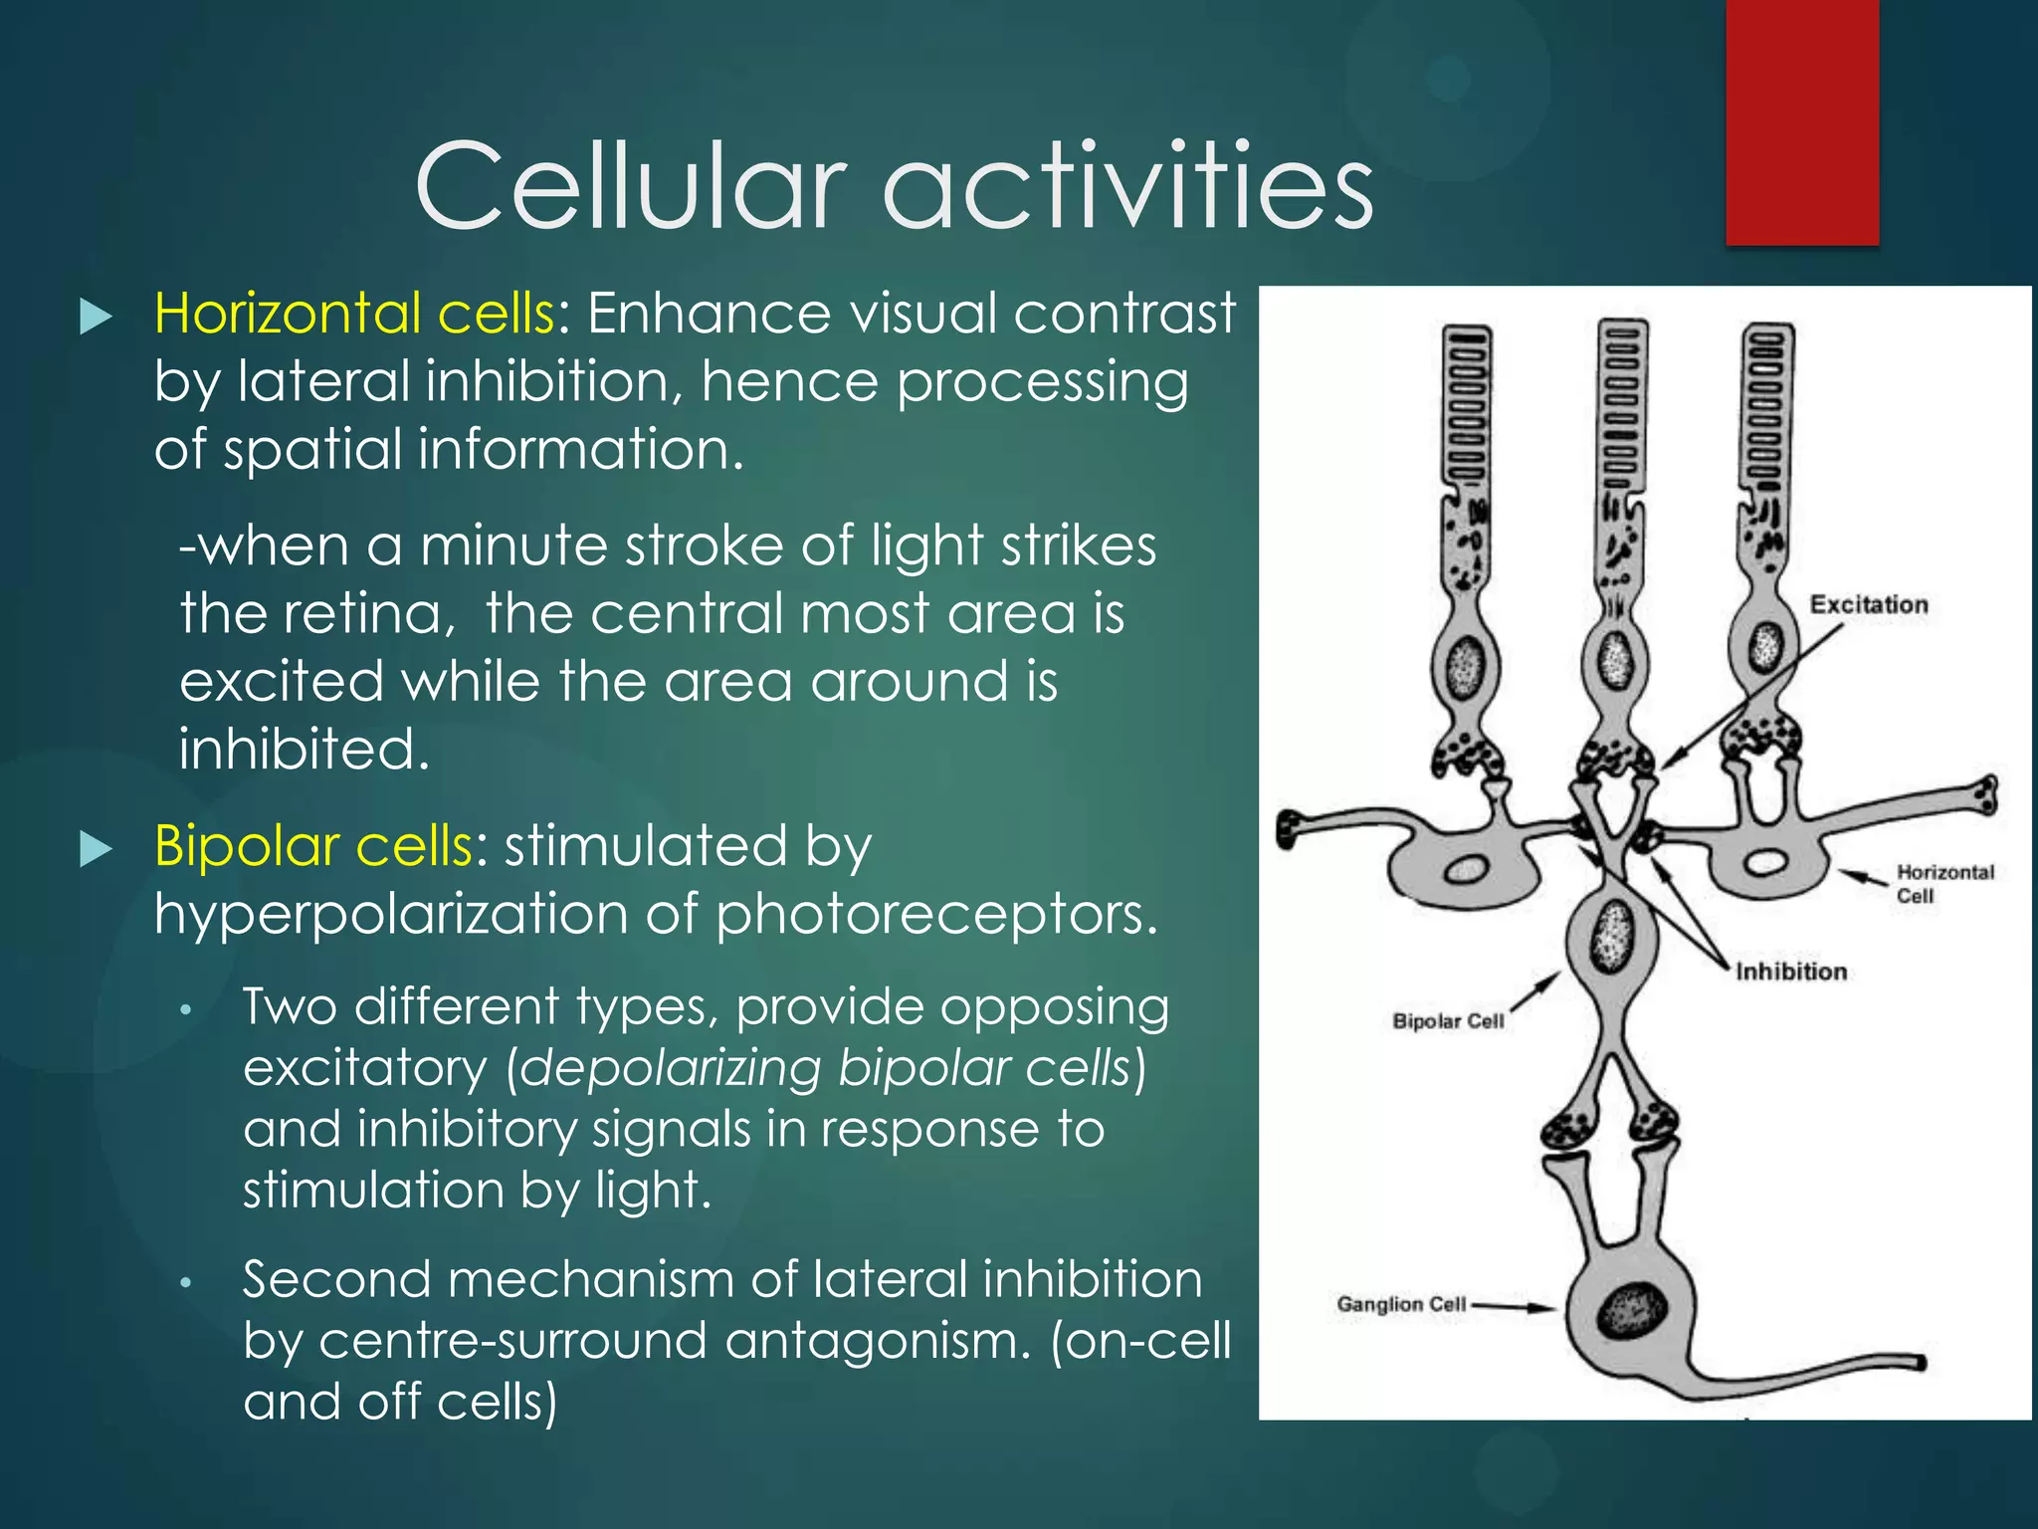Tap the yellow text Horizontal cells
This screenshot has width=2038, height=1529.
click(353, 314)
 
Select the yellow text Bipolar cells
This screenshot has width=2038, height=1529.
click(312, 846)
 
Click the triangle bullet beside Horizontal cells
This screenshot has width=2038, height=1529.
click(96, 317)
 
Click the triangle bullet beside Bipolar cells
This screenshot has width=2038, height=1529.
click(96, 849)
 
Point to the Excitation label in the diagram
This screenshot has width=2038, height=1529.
click(1868, 604)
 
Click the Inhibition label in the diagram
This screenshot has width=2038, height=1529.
click(1790, 972)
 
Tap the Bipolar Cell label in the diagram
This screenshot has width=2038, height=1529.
click(1447, 1021)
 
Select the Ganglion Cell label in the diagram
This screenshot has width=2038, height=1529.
click(1400, 1304)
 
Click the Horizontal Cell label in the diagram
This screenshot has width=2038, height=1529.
click(1943, 883)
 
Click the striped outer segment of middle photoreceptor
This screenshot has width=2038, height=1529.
click(1621, 408)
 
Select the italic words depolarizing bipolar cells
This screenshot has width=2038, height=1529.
click(826, 1068)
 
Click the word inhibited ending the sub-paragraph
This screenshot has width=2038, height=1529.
click(304, 749)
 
